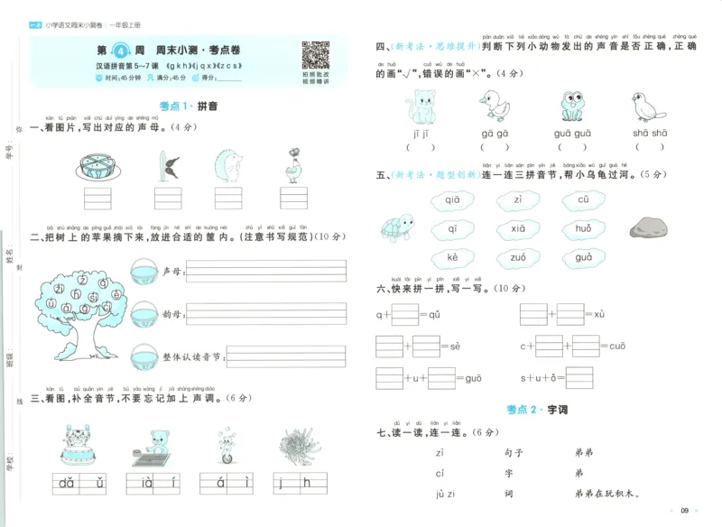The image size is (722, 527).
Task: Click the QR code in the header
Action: pos(315,56)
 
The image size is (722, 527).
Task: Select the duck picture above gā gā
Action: pos(494,105)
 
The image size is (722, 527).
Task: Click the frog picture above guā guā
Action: pos(573,106)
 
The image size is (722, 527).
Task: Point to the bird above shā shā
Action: pos(648,106)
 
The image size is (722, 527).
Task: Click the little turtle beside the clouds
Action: pos(395,227)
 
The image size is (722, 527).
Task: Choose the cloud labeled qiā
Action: pos(452,200)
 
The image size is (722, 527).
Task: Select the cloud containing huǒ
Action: pos(583,229)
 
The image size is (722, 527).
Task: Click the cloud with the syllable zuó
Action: pos(517,257)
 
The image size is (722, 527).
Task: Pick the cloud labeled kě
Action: pos(453,258)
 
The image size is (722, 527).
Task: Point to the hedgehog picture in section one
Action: pos(228,168)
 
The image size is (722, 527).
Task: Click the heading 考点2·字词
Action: pos(536,410)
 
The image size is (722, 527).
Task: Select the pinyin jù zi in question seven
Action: pos(447,494)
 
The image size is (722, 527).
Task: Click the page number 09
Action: pos(684,512)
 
